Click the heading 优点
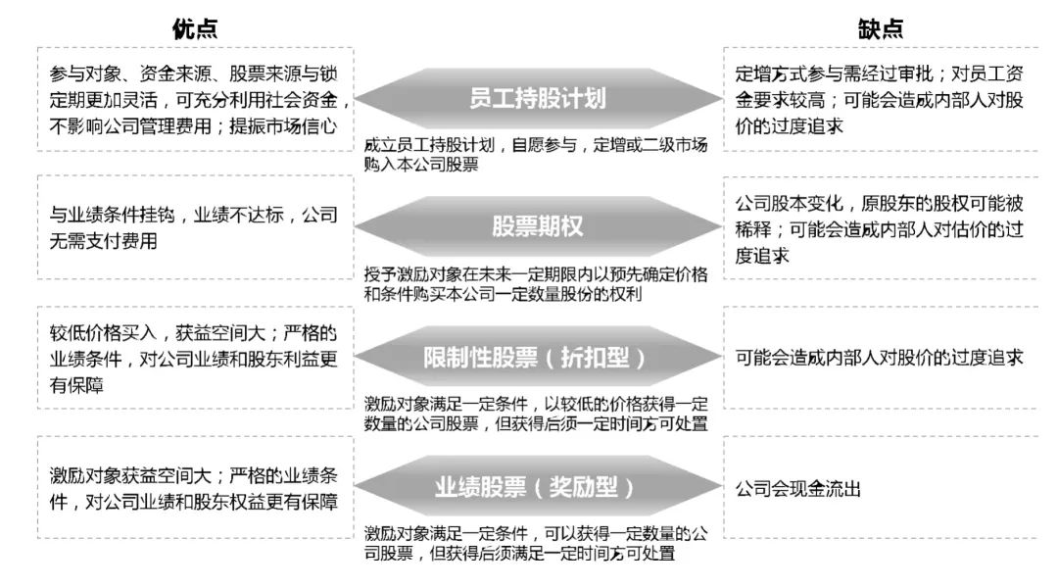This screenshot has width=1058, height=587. click(195, 28)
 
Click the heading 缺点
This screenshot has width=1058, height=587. click(881, 28)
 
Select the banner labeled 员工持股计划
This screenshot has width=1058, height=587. click(538, 99)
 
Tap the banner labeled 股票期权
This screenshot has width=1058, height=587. click(538, 226)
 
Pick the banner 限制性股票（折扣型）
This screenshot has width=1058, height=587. click(538, 357)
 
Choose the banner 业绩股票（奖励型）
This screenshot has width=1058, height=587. click(538, 486)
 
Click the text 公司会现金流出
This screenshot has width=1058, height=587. click(798, 488)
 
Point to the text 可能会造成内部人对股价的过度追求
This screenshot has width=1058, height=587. click(879, 358)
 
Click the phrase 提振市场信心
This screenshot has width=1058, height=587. click(283, 126)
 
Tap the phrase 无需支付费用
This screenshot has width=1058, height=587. click(103, 241)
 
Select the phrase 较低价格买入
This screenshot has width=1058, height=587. click(103, 332)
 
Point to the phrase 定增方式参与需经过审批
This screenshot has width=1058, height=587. click(834, 73)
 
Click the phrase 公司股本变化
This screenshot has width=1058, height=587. click(789, 203)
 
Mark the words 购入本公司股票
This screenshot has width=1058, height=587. click(421, 164)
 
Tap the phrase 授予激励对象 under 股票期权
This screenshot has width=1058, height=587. click(413, 274)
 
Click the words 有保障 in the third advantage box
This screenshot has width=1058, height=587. click(76, 385)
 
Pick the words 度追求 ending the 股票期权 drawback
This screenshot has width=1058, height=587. click(762, 256)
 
